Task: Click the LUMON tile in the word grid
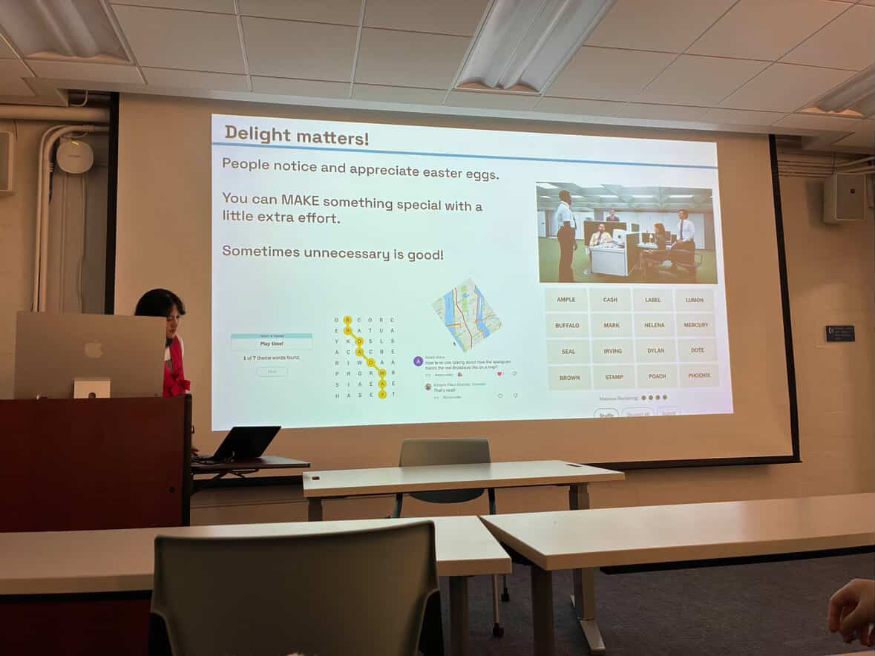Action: pos(695,300)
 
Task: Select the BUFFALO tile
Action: pos(567,325)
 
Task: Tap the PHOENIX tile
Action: pos(698,375)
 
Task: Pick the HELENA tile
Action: pos(654,325)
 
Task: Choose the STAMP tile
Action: pos(614,377)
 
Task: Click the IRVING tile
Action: pos(612,351)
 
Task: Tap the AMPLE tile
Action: pos(566,300)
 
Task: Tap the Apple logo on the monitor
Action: pos(93,349)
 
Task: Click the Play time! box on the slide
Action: pos(271,344)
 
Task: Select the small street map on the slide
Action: pos(467,315)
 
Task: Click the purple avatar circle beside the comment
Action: pos(418,361)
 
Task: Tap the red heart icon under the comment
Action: pos(499,373)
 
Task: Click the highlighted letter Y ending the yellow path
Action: pos(382,395)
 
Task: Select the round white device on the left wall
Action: pos(74,156)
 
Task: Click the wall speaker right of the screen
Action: pos(844,197)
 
